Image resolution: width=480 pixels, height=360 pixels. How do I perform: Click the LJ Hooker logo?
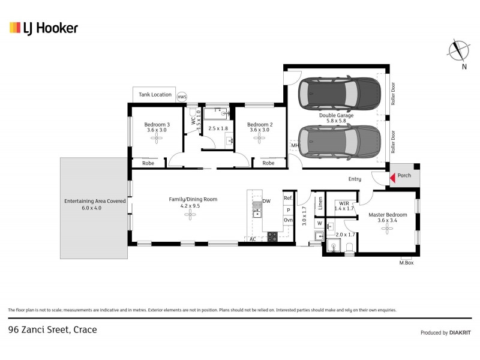click(x=43, y=28)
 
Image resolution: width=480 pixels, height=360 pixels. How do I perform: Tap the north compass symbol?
click(x=460, y=49)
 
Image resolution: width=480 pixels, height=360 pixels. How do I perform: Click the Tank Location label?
click(x=155, y=95)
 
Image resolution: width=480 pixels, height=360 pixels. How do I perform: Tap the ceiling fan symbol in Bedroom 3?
click(x=157, y=139)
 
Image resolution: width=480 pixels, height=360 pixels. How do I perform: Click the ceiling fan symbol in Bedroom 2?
click(x=259, y=139)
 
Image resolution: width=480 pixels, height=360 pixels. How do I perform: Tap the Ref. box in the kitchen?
click(x=288, y=199)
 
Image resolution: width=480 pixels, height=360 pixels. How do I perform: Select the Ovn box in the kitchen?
click(x=288, y=220)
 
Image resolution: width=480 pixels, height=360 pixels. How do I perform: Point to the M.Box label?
click(x=406, y=263)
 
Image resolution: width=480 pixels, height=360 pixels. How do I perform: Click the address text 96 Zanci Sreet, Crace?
click(x=52, y=329)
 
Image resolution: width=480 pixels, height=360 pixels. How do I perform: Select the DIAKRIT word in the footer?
click(x=460, y=332)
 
